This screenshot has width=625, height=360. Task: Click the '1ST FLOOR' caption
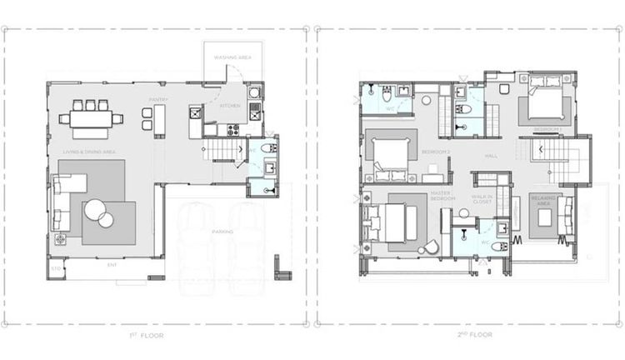tap(152, 336)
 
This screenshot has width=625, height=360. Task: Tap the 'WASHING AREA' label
tap(232, 58)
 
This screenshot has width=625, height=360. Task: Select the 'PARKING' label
tap(222, 232)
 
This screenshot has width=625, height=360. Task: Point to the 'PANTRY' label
tap(158, 100)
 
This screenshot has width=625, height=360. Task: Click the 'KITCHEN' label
tap(230, 106)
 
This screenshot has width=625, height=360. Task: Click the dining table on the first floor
tap(91, 119)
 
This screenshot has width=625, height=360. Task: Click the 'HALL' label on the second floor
tap(491, 156)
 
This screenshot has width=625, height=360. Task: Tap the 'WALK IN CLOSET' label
tap(484, 200)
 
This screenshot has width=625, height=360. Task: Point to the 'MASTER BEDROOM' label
tap(442, 197)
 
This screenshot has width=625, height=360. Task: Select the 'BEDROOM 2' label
tap(436, 152)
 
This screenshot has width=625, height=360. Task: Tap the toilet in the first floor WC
tap(267, 148)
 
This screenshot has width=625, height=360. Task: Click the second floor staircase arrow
tap(542, 149)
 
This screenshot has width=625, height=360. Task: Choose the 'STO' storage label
tap(56, 269)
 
